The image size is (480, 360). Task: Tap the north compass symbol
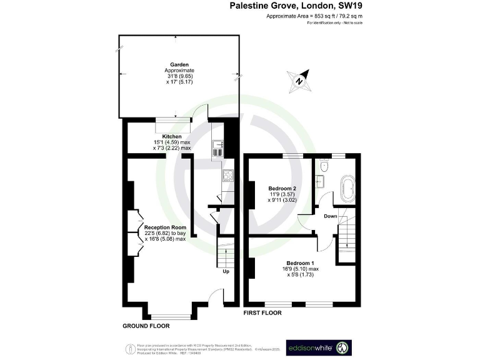[x=300, y=80]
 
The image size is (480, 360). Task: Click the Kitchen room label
[x=172, y=136]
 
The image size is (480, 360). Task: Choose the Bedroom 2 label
[x=282, y=188]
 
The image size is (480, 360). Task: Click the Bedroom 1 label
[x=300, y=263]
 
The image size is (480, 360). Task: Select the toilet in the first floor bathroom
[x=323, y=167]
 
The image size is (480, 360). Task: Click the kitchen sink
[x=217, y=148]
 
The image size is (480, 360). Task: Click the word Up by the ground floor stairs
[x=226, y=272]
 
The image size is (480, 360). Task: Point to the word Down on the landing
[x=331, y=216]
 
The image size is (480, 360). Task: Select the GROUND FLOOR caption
[x=146, y=326]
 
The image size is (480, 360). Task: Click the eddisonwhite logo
[x=319, y=347]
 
